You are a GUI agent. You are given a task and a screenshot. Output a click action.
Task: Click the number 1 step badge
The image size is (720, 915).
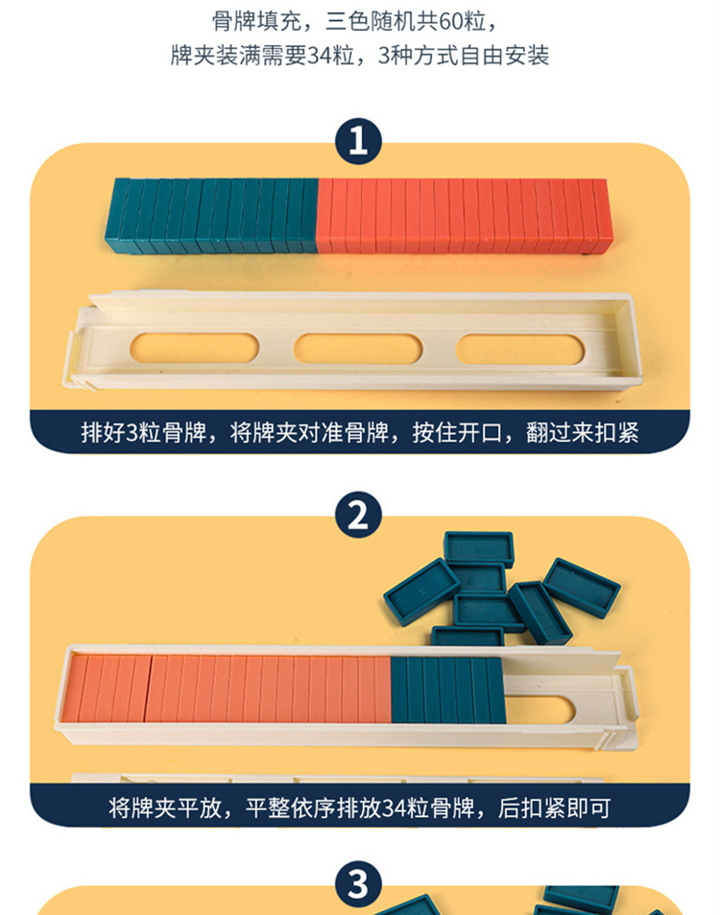point(358,142)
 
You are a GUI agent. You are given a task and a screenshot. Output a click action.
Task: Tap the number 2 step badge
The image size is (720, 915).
point(358,515)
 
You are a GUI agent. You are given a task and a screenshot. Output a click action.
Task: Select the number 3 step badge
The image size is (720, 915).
point(358,884)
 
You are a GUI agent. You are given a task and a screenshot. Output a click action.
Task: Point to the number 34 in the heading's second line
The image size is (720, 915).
point(319,56)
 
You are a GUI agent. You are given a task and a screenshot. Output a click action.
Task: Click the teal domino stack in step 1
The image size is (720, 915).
point(211,216)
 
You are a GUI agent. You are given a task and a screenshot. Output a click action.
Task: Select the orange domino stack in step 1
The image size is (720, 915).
point(465,217)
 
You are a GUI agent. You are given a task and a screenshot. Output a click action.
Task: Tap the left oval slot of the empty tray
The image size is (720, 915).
point(194,349)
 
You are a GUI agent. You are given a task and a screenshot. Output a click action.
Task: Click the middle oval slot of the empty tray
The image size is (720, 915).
point(358,349)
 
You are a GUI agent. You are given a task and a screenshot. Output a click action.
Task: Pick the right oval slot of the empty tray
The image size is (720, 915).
point(520,349)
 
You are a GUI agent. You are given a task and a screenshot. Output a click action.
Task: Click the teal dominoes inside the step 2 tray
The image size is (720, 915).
point(447,689)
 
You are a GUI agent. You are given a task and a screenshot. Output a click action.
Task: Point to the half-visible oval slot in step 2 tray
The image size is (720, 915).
point(540,709)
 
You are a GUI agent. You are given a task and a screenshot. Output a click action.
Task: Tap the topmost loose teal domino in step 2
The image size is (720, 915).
point(478,548)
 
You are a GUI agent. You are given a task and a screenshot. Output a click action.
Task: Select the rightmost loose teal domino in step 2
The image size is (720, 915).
point(582,588)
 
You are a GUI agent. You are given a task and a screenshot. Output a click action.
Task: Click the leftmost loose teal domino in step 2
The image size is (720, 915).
point(421,591)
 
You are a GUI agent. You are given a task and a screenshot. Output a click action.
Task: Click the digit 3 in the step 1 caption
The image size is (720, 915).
point(132,433)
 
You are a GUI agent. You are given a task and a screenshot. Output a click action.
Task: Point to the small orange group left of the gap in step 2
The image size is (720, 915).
point(106,687)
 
